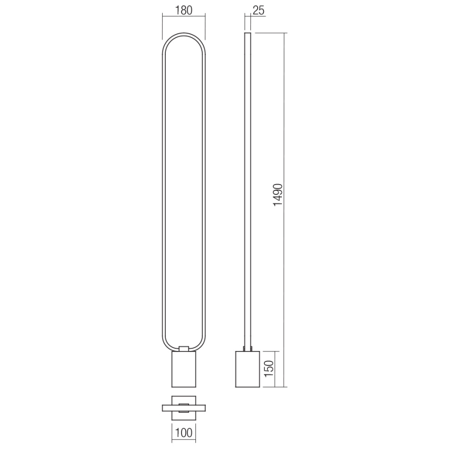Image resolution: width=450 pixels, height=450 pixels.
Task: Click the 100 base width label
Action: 184,431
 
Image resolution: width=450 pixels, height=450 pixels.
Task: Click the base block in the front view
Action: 183,369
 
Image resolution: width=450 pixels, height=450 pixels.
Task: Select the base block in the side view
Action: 248,369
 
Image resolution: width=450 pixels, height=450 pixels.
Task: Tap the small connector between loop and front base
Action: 183,348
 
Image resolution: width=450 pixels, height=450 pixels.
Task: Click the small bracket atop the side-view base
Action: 248,348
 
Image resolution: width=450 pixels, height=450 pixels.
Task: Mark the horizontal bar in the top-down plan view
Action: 183,406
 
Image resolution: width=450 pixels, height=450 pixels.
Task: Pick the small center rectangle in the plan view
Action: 183,406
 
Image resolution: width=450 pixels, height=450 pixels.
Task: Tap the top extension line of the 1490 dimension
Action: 270,33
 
